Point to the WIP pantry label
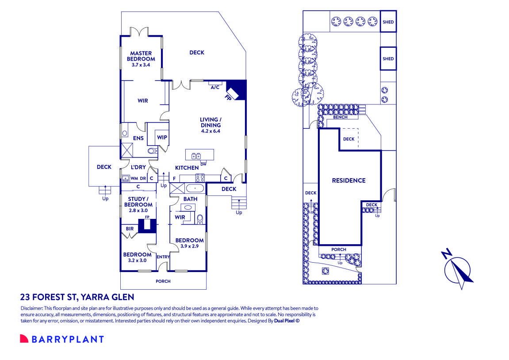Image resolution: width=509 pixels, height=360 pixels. pyautogui.click(x=162, y=138)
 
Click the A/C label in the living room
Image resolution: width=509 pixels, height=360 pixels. pyautogui.click(x=215, y=87)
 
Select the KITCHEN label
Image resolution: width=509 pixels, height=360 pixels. pyautogui.click(x=187, y=168)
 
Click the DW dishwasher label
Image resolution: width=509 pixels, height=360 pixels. pyautogui.click(x=203, y=164)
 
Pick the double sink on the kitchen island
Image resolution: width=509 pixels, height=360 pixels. pyautogui.click(x=196, y=155)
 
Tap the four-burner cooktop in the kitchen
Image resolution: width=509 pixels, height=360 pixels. pyautogui.click(x=199, y=178)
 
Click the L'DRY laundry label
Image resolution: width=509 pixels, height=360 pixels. pyautogui.click(x=138, y=167)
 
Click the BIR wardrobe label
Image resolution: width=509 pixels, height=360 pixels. pyautogui.click(x=130, y=229)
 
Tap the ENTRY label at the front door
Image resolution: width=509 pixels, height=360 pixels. pyautogui.click(x=163, y=257)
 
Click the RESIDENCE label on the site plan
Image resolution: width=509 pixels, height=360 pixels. pyautogui.click(x=349, y=180)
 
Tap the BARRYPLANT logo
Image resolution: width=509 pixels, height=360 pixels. pyautogui.click(x=62, y=339)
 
